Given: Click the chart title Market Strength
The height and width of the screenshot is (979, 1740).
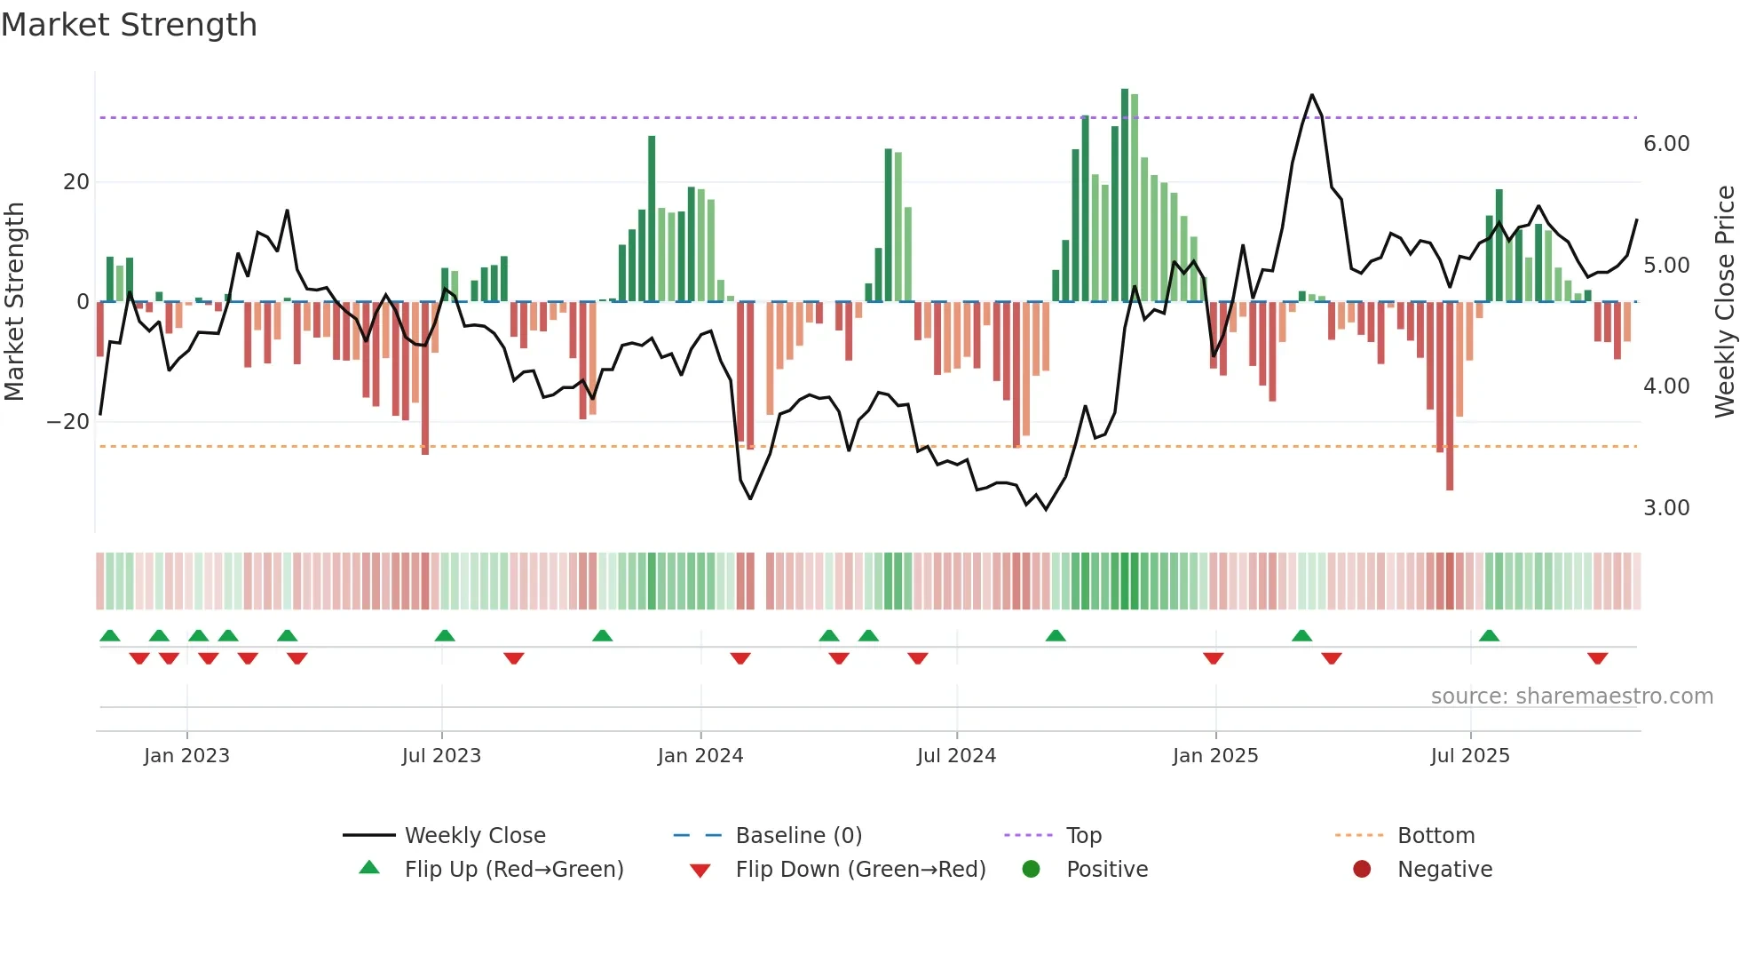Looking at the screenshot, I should click(x=130, y=25).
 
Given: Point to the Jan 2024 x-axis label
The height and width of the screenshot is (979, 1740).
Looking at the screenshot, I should click(x=700, y=756).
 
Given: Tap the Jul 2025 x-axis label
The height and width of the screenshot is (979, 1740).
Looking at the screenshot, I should click(x=1470, y=756).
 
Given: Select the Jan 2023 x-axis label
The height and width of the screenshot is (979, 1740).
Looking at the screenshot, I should click(x=186, y=756).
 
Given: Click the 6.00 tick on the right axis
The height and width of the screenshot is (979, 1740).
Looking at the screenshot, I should click(x=1666, y=144).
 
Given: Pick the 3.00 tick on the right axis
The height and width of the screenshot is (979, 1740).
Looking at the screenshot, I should click(x=1666, y=508).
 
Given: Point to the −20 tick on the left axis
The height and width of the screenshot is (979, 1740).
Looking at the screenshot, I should click(x=68, y=422).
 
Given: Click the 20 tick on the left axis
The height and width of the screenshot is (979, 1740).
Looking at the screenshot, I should click(x=76, y=182).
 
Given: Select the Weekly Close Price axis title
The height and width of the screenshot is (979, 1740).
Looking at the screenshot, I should click(x=1724, y=302).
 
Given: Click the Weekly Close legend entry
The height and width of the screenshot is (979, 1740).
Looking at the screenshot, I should click(x=475, y=836).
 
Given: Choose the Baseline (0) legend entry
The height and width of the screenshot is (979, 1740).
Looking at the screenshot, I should click(x=798, y=836).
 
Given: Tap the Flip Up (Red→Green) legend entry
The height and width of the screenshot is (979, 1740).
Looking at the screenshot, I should click(x=513, y=870).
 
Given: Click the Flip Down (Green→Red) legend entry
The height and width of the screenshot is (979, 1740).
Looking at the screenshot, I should click(x=860, y=870).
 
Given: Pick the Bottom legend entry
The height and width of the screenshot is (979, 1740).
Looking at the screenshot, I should click(x=1435, y=836).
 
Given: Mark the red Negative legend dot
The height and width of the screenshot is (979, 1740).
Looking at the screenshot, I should click(x=1362, y=870).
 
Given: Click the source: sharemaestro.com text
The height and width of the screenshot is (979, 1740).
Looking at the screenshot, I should click(x=1571, y=696).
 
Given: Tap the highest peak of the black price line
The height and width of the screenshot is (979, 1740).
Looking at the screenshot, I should click(x=1312, y=95).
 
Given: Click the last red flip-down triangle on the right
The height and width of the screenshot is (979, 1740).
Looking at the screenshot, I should click(x=1598, y=658).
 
